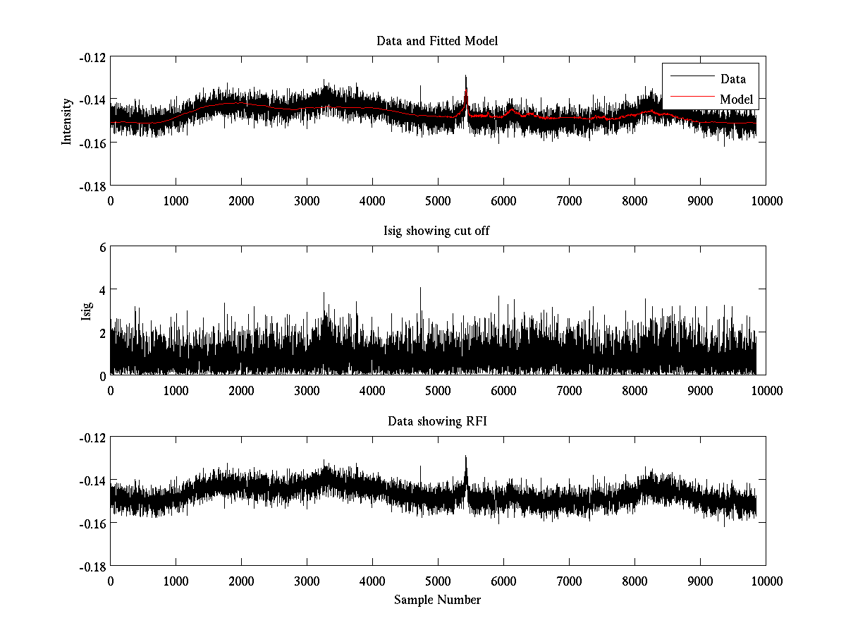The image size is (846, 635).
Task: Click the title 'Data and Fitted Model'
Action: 437,41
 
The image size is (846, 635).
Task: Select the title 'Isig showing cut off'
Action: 437,231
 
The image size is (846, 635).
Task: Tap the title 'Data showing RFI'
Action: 437,421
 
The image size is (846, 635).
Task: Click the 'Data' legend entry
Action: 732,79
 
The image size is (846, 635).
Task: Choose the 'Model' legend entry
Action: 736,99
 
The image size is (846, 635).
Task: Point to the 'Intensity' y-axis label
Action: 67,121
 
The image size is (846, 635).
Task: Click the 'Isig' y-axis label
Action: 86,311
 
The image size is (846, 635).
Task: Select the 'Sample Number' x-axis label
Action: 437,600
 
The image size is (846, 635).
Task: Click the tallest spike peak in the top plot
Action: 466,75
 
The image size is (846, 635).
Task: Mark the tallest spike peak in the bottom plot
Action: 466,456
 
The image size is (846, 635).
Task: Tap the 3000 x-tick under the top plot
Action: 307,200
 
